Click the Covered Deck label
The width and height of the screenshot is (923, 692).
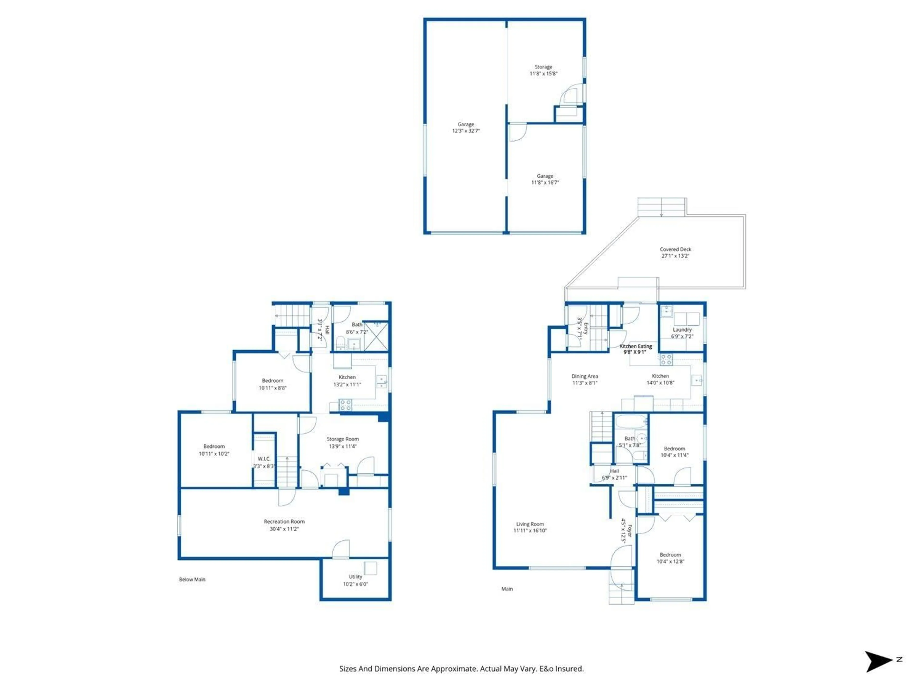pyautogui.click(x=675, y=252)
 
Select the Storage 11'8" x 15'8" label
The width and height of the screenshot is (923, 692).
pyautogui.click(x=543, y=70)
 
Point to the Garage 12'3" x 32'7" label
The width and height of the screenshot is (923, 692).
pyautogui.click(x=466, y=127)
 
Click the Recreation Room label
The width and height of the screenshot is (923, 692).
pyautogui.click(x=284, y=525)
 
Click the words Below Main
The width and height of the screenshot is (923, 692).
pyautogui.click(x=192, y=579)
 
